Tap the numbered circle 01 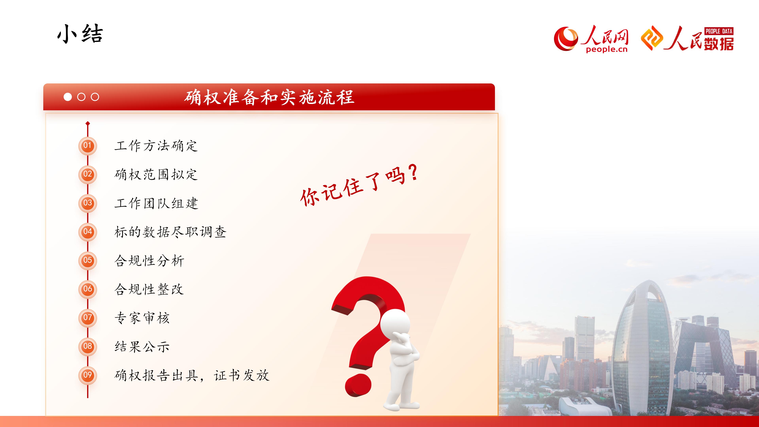(88, 145)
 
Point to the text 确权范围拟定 (156, 174)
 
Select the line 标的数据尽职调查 (170, 232)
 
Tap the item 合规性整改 (149, 289)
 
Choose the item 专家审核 (142, 318)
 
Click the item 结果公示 (142, 347)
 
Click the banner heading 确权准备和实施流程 (269, 97)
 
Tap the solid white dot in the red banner (68, 97)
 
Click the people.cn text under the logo (607, 49)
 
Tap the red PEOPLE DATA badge (719, 31)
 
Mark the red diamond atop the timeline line (88, 123)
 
